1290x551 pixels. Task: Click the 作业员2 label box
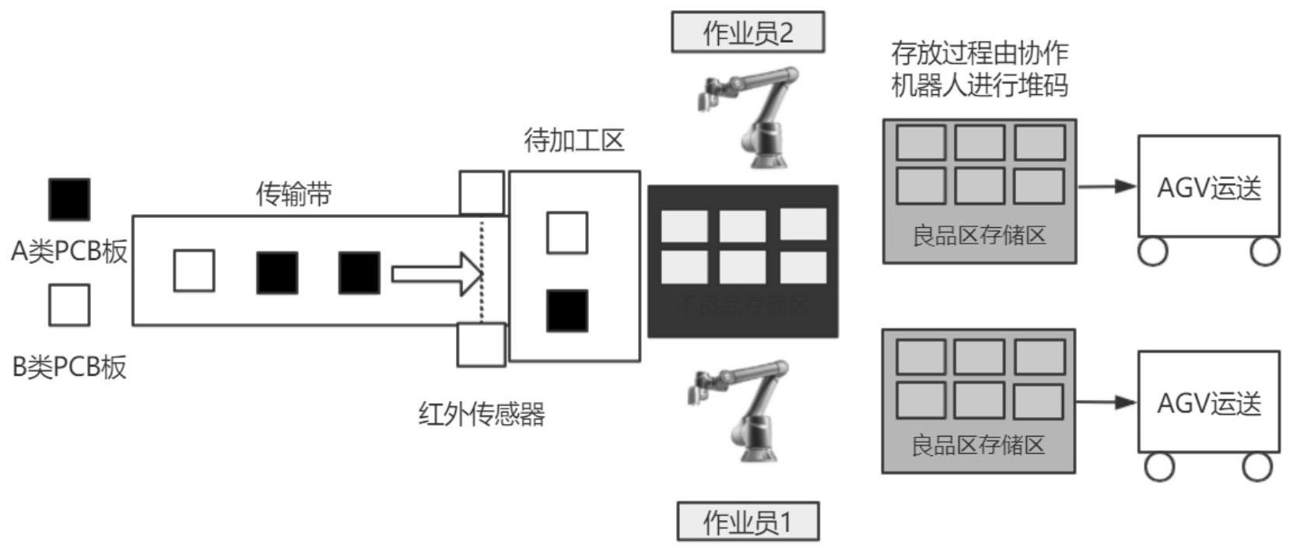coord(747,32)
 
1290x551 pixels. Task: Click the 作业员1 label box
coord(747,521)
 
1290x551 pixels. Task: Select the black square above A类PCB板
coord(69,199)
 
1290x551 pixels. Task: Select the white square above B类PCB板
coord(69,304)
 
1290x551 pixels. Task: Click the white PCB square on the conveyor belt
coord(194,271)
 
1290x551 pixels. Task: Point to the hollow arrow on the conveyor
coord(436,274)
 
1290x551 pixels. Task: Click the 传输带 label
coord(294,194)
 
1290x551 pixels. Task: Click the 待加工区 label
coord(574,140)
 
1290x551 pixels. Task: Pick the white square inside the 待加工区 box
coord(567,233)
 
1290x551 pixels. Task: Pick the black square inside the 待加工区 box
coord(567,311)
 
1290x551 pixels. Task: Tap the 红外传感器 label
coord(482,414)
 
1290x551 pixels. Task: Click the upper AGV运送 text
coord(1209,188)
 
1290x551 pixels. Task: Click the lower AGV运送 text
coord(1209,403)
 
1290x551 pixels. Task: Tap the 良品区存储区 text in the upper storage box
coord(979,235)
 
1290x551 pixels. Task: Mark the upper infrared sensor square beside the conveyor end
coord(482,193)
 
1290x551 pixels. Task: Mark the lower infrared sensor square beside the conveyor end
coord(481,345)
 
